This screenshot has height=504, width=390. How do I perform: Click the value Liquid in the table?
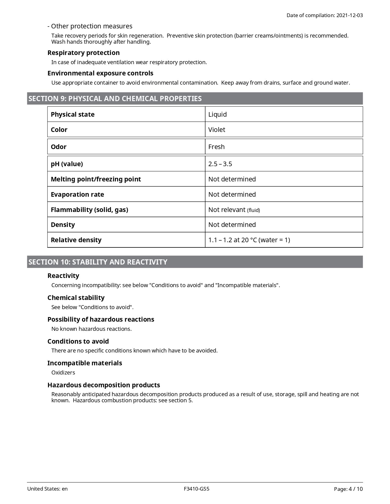[x=217, y=115]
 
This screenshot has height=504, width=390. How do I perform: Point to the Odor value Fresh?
[x=216, y=147]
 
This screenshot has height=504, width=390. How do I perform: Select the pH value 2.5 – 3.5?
[x=220, y=164]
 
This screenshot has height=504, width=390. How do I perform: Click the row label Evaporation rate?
[x=77, y=195]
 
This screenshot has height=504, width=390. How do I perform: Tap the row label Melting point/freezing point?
[x=96, y=179]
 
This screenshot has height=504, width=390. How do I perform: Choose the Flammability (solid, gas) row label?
[x=89, y=210]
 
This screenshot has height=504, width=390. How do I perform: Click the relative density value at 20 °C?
[x=249, y=240]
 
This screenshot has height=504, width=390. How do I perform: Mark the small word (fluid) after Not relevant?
[x=254, y=210]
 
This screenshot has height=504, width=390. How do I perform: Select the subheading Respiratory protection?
[x=84, y=53]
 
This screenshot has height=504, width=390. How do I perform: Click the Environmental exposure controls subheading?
[x=100, y=73]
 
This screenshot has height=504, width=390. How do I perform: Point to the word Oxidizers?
[x=63, y=373]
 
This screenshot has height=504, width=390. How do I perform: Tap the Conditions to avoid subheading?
[x=78, y=341]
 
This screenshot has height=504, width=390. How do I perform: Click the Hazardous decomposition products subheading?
[x=104, y=385]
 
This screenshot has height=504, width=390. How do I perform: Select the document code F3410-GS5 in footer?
[x=197, y=489]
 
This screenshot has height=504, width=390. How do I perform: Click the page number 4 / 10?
[x=356, y=489]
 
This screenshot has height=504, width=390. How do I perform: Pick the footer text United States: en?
[x=47, y=489]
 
